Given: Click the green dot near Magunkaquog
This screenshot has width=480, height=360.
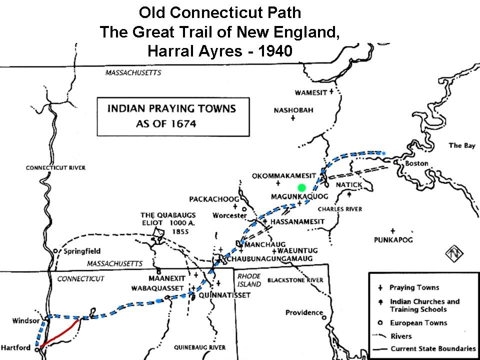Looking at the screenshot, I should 301,187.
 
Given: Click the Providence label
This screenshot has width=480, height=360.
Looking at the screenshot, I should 304,312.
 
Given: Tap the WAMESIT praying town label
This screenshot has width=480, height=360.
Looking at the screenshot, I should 310,92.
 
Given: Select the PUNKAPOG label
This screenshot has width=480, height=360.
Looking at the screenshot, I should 392,240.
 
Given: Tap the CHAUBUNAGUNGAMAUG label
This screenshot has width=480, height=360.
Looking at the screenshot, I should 270,258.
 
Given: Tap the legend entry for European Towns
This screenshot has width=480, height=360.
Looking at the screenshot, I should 418,323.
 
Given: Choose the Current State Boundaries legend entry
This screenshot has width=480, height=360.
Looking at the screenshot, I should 433,348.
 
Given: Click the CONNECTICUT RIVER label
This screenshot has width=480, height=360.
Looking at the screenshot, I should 55,168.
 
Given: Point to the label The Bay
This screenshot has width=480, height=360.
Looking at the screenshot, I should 461,145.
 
